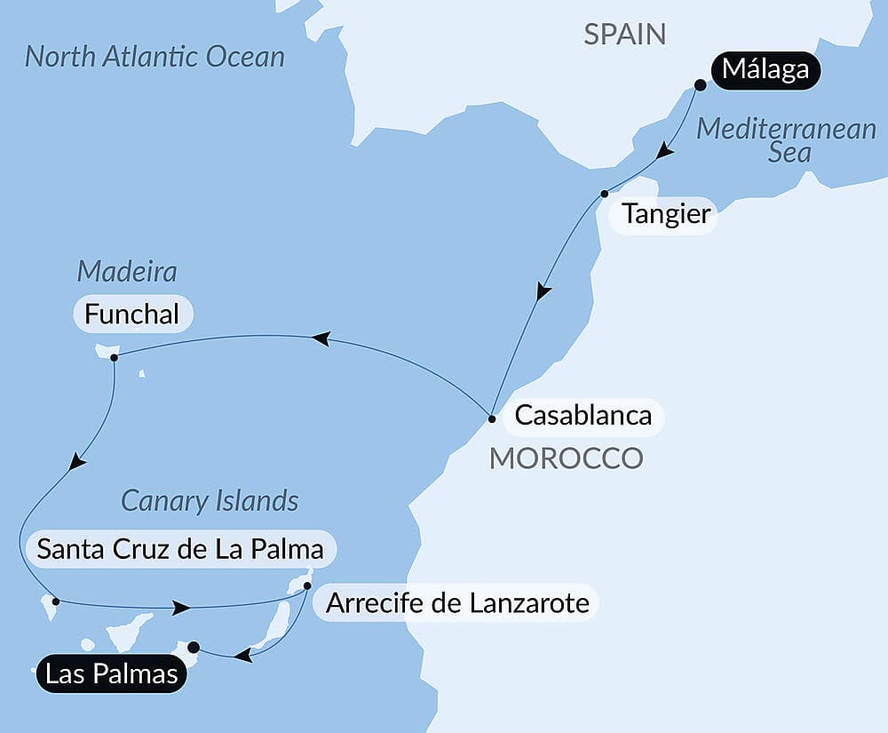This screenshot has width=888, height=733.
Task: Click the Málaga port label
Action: tap(766, 68)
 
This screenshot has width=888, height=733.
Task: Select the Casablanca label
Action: tap(583, 415)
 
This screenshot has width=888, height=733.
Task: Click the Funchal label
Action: tap(131, 314)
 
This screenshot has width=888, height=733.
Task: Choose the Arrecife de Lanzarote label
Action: tap(457, 603)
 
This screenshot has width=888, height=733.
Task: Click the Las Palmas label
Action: tap(111, 674)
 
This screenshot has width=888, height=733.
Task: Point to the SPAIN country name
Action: tap(624, 35)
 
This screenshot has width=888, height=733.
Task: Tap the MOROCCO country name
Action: tap(567, 458)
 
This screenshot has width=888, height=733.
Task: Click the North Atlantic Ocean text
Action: tap(155, 57)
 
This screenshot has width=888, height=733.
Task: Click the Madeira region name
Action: tap(127, 270)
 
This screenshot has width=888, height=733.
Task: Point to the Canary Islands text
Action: tap(210, 500)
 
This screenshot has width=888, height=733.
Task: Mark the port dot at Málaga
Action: tap(700, 85)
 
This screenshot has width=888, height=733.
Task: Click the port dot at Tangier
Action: tap(604, 194)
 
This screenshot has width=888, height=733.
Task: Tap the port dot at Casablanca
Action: tap(492, 417)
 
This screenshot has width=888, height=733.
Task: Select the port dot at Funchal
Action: tap(114, 358)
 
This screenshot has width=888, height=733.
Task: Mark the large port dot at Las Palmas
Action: tap(194, 647)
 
